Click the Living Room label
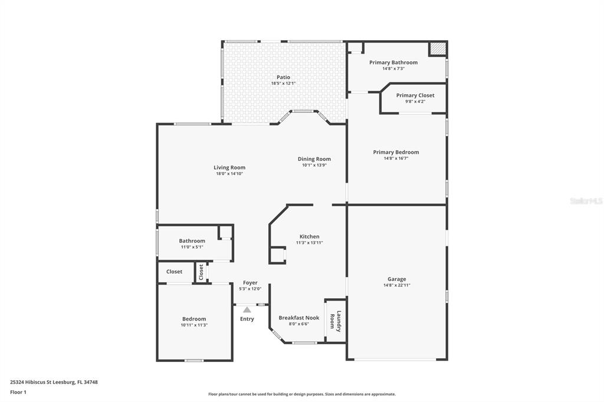(x=229, y=167)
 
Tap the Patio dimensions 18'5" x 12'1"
(x=283, y=83)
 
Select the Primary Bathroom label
(x=393, y=62)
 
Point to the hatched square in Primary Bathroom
(x=438, y=48)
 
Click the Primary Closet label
(x=415, y=95)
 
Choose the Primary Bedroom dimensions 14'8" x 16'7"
(x=396, y=158)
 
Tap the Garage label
(x=397, y=279)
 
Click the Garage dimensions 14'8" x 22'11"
(x=397, y=285)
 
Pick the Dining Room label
(x=314, y=159)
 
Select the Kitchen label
(x=309, y=236)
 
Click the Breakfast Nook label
(x=299, y=318)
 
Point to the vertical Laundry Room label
(x=336, y=321)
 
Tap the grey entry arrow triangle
(x=247, y=309)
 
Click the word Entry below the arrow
(x=247, y=319)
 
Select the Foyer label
(x=250, y=282)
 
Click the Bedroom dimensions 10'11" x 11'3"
(x=194, y=325)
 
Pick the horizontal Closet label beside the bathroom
(x=174, y=272)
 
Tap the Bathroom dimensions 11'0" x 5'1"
(x=192, y=247)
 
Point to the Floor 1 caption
(x=18, y=393)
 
